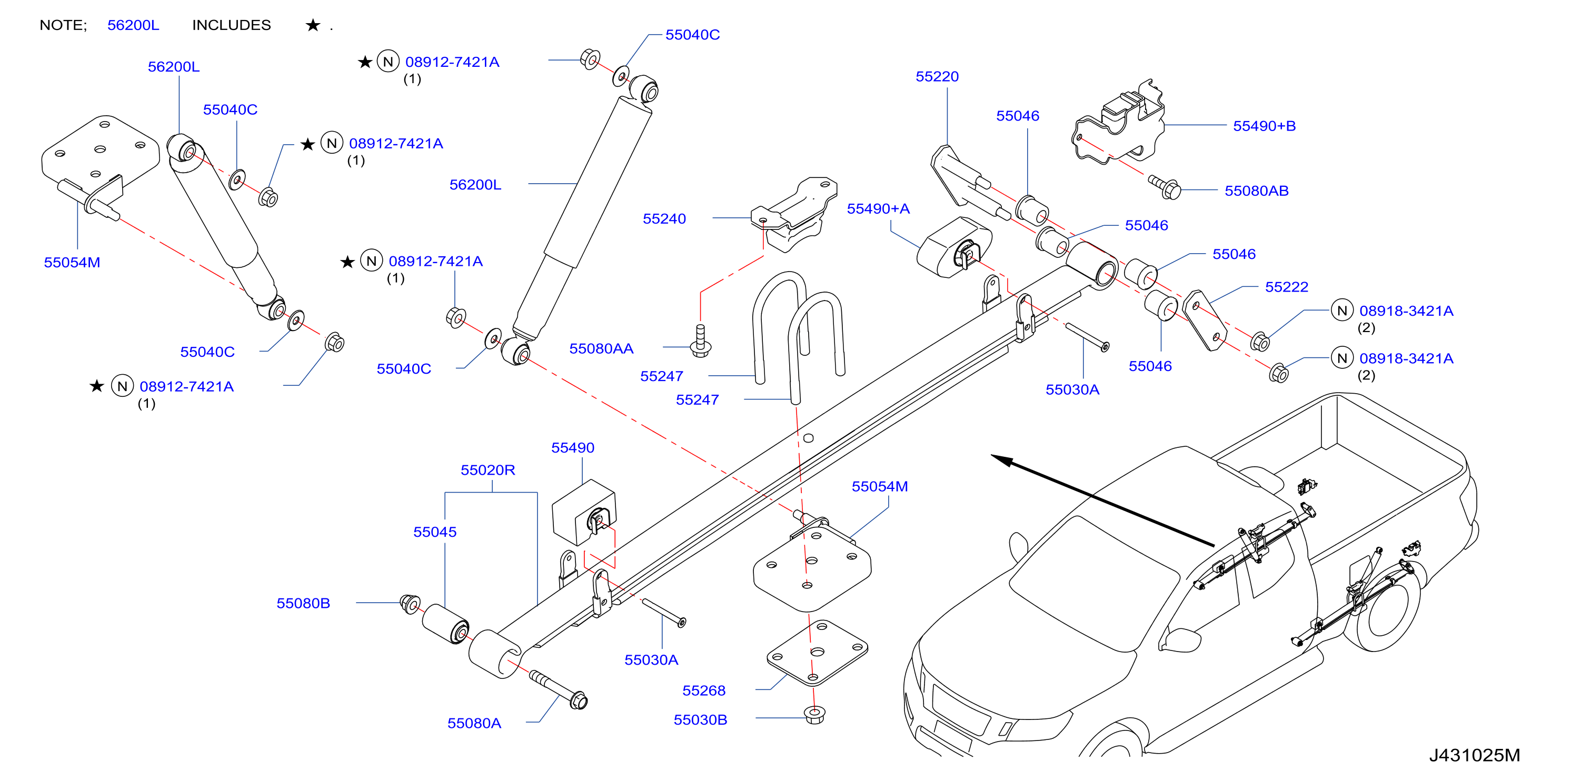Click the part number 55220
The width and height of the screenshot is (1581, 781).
tap(937, 77)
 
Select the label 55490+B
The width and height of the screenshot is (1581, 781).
tap(1264, 126)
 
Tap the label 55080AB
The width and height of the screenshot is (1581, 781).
tap(1256, 192)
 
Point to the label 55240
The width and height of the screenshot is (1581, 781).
tap(664, 219)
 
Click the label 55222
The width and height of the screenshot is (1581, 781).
tap(1286, 287)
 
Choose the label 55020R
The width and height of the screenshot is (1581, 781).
tap(488, 470)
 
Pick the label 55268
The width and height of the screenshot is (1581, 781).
tap(704, 691)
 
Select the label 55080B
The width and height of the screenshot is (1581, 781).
tap(303, 604)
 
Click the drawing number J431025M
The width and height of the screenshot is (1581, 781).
tap(1474, 756)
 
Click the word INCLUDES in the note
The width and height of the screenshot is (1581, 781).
tap(231, 26)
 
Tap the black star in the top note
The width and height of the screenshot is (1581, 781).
tap(313, 25)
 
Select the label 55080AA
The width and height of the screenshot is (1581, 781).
tap(601, 349)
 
